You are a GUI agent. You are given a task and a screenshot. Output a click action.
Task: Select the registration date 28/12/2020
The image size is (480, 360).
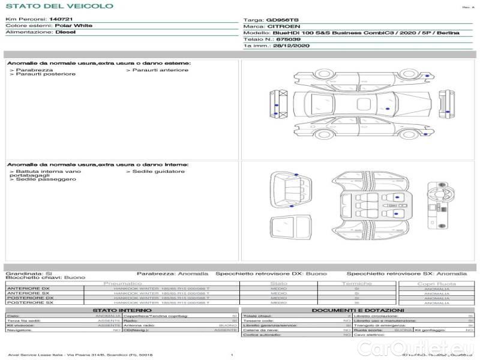292,46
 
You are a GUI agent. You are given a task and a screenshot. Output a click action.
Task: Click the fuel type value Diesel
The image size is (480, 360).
65,32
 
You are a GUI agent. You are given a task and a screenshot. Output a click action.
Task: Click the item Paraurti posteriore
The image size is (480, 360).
46,74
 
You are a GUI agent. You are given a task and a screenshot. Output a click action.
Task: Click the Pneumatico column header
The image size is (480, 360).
122,283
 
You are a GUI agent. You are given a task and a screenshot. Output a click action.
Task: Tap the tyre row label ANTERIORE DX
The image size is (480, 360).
28,289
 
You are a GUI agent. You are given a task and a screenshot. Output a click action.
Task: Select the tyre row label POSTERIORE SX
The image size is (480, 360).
29,302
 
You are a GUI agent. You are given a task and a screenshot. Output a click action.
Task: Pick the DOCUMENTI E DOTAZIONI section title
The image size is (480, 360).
353,310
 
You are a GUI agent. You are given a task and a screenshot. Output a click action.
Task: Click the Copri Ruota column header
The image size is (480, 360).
436,283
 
